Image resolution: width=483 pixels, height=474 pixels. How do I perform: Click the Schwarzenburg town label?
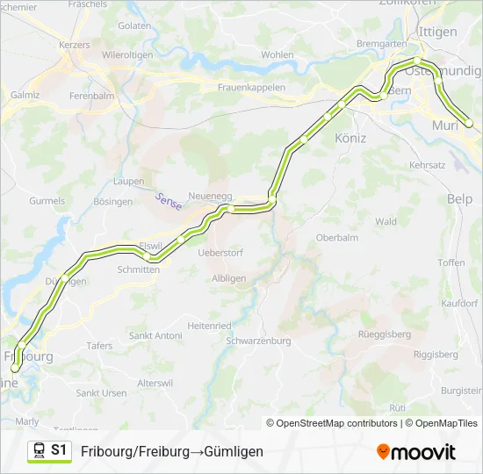(257, 341)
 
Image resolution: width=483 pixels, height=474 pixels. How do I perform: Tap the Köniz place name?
(350, 138)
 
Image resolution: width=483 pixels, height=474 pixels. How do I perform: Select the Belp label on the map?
(459, 199)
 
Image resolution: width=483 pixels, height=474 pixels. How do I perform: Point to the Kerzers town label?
(74, 44)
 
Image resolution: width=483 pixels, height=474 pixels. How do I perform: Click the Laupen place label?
(128, 182)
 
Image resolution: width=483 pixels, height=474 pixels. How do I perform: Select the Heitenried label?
(209, 325)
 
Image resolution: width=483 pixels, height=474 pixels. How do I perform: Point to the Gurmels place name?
(47, 200)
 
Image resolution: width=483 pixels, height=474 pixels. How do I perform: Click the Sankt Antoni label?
(155, 335)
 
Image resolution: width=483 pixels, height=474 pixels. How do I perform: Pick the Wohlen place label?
(278, 54)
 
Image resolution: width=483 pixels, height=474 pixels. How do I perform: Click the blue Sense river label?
(168, 201)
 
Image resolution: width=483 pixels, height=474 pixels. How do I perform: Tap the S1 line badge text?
(59, 450)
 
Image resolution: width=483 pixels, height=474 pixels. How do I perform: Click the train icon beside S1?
(40, 451)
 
